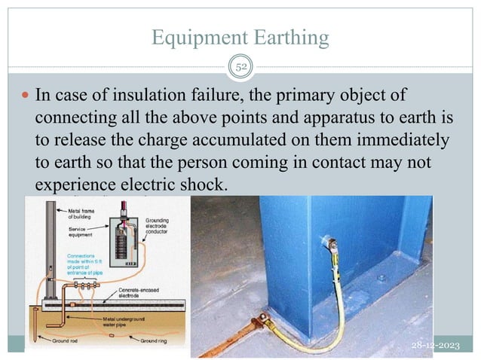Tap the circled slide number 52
[x=241, y=67]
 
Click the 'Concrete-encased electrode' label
[x=131, y=292]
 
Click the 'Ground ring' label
[x=144, y=342]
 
